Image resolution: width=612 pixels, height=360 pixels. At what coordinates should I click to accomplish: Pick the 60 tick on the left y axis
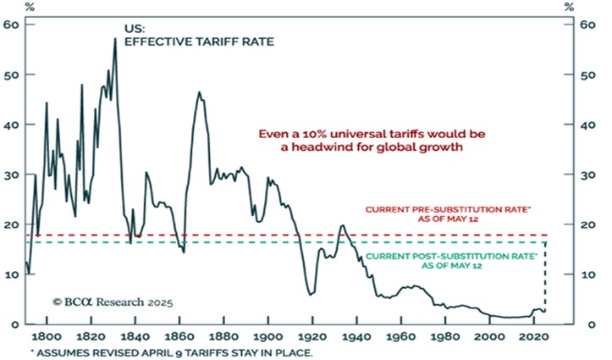13,25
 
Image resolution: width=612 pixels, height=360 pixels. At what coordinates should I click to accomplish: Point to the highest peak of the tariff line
114,39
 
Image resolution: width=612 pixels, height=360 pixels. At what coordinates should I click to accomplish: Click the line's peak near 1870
199,92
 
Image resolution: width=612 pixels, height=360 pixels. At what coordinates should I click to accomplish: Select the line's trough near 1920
312,294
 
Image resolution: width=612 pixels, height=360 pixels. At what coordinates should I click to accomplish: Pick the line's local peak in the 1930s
341,225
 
